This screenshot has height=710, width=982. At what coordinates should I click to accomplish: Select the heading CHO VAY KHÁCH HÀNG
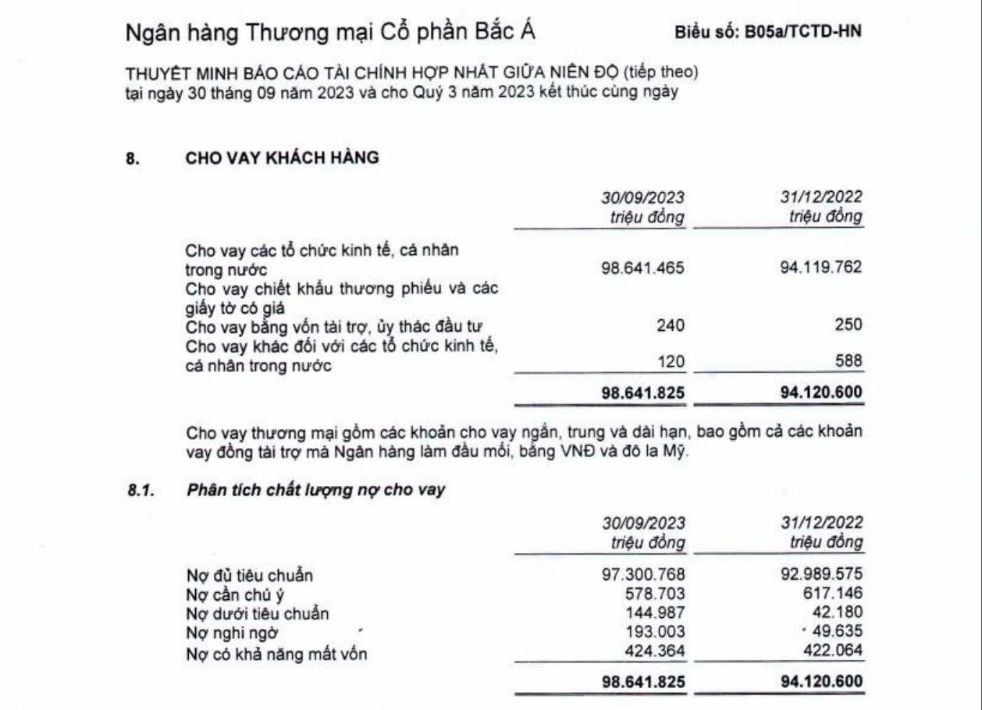pyautogui.click(x=282, y=158)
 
